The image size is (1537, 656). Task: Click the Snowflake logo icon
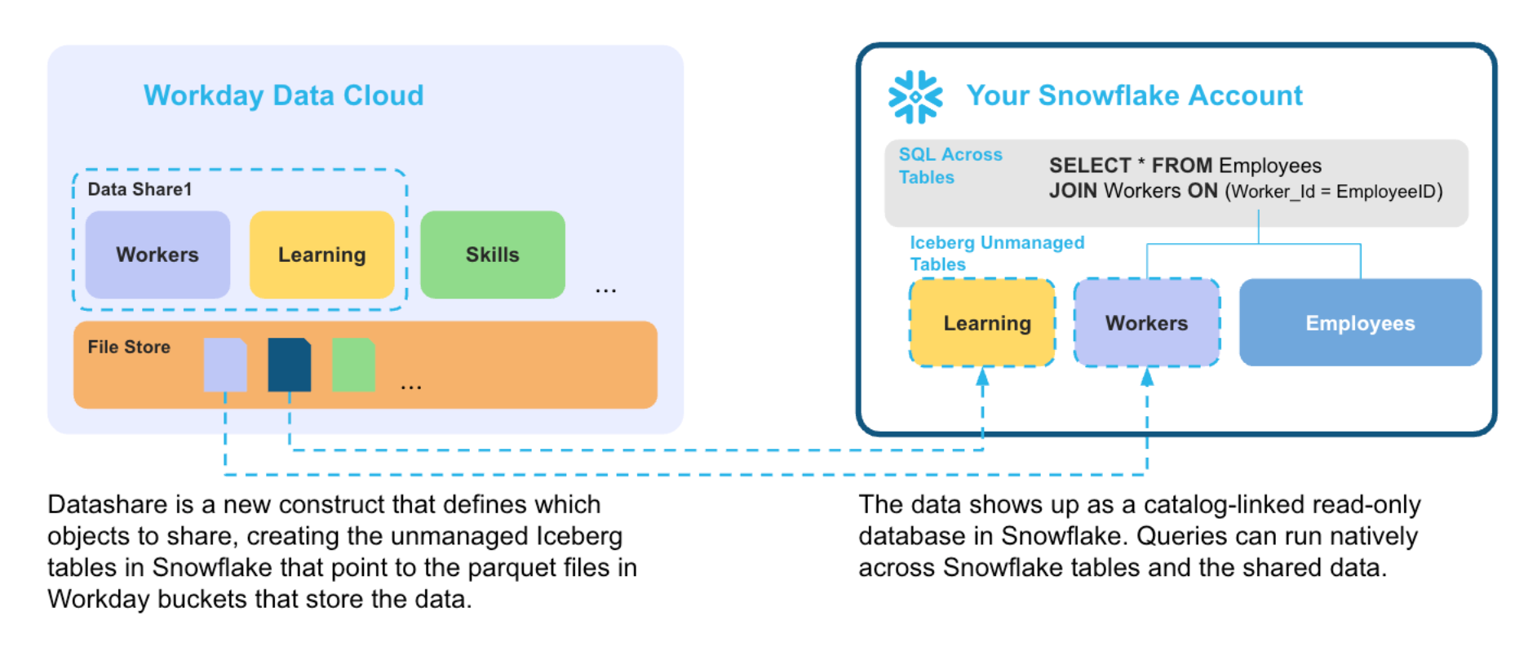tap(915, 96)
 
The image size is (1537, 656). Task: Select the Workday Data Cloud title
tap(284, 95)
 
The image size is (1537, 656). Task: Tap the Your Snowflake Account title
tap(1135, 95)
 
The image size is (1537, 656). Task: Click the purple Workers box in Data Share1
tap(157, 255)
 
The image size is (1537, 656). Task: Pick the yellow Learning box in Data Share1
tap(322, 255)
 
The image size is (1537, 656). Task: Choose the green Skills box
tap(493, 255)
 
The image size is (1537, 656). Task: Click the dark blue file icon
tap(290, 365)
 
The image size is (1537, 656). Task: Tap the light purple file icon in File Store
tap(225, 365)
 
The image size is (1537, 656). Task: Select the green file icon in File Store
tap(353, 365)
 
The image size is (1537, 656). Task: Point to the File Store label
tap(129, 347)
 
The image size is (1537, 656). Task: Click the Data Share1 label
tap(140, 189)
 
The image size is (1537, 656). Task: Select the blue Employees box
tap(1360, 322)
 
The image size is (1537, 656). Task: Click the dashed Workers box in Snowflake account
tap(1147, 322)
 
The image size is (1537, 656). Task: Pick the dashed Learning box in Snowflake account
tap(982, 322)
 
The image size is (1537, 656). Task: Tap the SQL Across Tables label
tap(950, 166)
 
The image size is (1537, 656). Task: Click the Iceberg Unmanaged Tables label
tap(997, 253)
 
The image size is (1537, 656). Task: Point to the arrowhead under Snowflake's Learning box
tap(982, 376)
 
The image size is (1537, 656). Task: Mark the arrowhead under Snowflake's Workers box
tap(1147, 376)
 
